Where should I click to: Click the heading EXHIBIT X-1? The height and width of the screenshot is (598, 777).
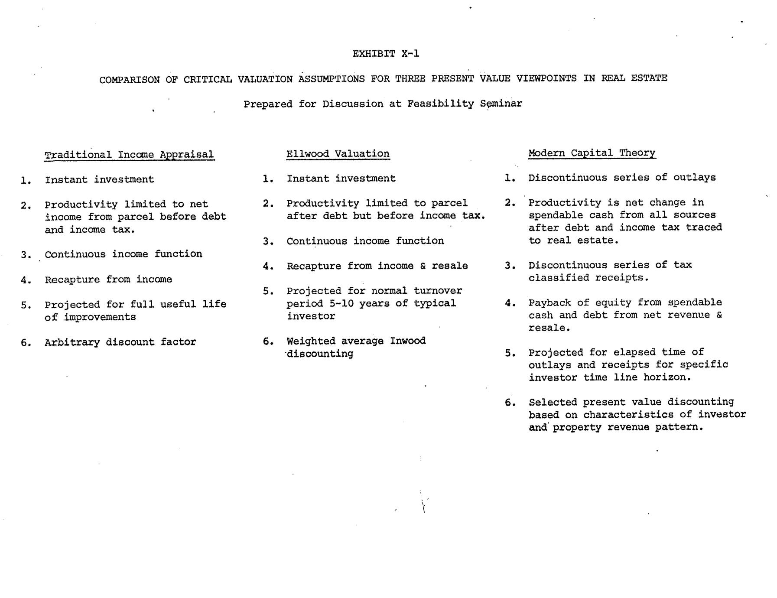click(x=386, y=54)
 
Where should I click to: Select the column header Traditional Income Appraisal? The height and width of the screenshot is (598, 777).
click(x=129, y=155)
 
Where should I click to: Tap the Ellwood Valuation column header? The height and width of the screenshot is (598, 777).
click(x=338, y=154)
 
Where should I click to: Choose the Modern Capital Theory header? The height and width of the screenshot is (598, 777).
click(x=592, y=153)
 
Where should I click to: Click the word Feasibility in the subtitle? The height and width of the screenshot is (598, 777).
click(x=440, y=104)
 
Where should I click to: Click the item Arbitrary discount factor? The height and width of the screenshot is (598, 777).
click(x=120, y=342)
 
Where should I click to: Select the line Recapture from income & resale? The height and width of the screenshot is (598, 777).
click(x=377, y=266)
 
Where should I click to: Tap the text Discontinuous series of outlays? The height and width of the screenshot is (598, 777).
click(x=622, y=178)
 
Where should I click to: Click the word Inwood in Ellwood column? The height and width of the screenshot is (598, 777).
click(x=408, y=341)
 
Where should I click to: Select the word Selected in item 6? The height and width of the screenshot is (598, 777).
click(x=553, y=403)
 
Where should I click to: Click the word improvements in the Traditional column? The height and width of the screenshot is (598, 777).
click(x=100, y=317)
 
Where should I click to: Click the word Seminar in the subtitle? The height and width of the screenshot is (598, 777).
click(x=501, y=104)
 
